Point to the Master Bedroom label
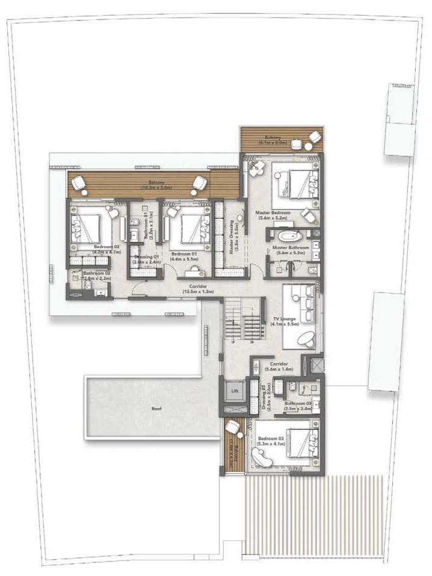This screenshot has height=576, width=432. click(273, 213)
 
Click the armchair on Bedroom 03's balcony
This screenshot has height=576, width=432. click(232, 428)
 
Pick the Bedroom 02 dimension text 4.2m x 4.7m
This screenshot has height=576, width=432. click(108, 253)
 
